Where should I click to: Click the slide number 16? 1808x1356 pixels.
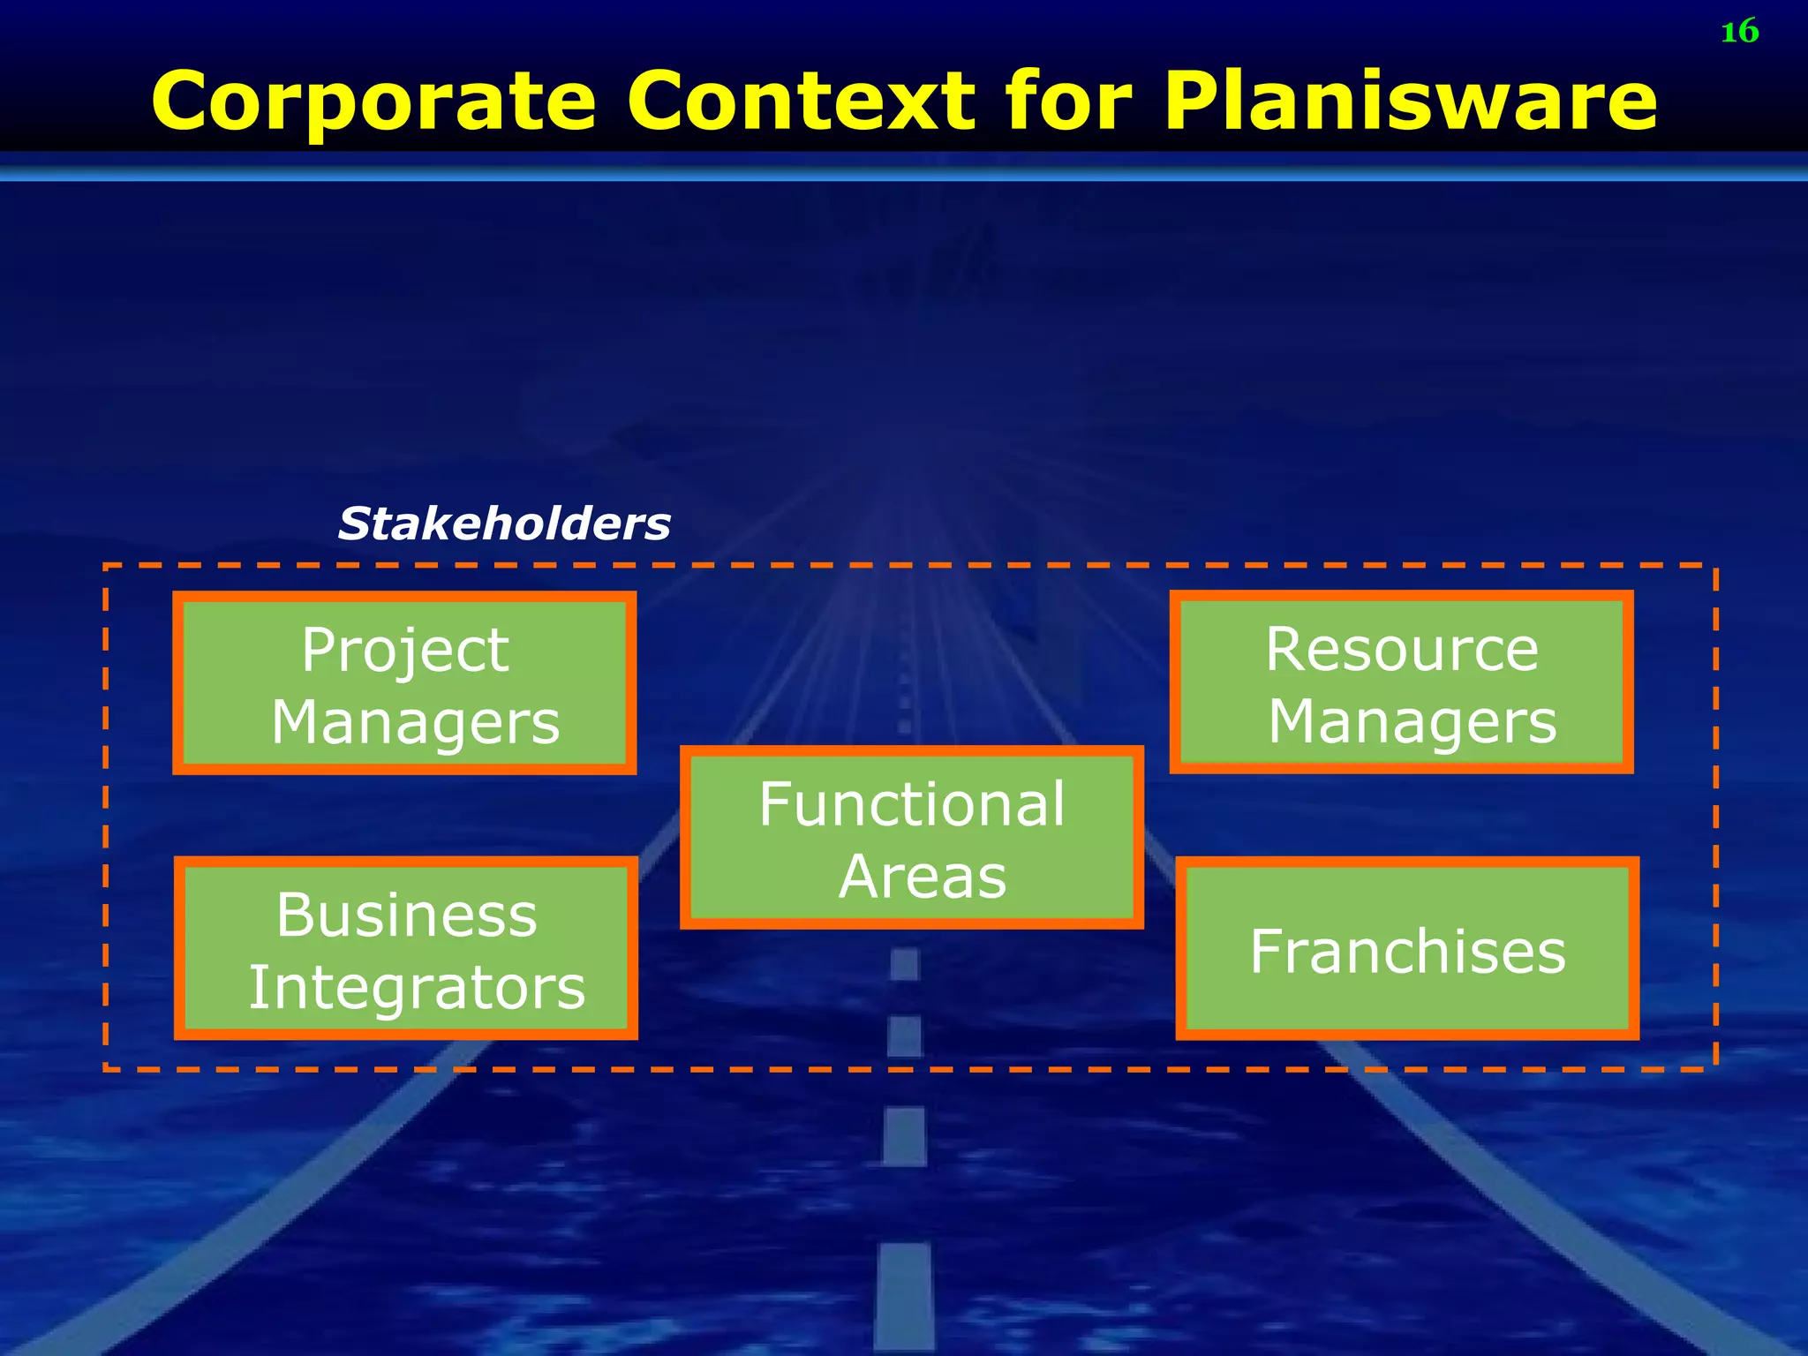1739,32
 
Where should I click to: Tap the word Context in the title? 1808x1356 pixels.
801,102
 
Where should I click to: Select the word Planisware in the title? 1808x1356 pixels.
1410,102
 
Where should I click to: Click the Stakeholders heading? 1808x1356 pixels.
504,524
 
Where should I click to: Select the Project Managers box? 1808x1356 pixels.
404,682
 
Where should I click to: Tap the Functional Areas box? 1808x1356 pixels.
911,837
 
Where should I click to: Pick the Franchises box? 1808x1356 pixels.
1407,948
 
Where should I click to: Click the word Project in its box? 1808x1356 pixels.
405,651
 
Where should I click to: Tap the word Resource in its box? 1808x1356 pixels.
1402,649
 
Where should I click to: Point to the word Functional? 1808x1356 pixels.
912,804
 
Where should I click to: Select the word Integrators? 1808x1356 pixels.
417,987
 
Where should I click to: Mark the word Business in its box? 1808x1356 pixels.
406,915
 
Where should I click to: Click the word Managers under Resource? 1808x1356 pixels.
1412,722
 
